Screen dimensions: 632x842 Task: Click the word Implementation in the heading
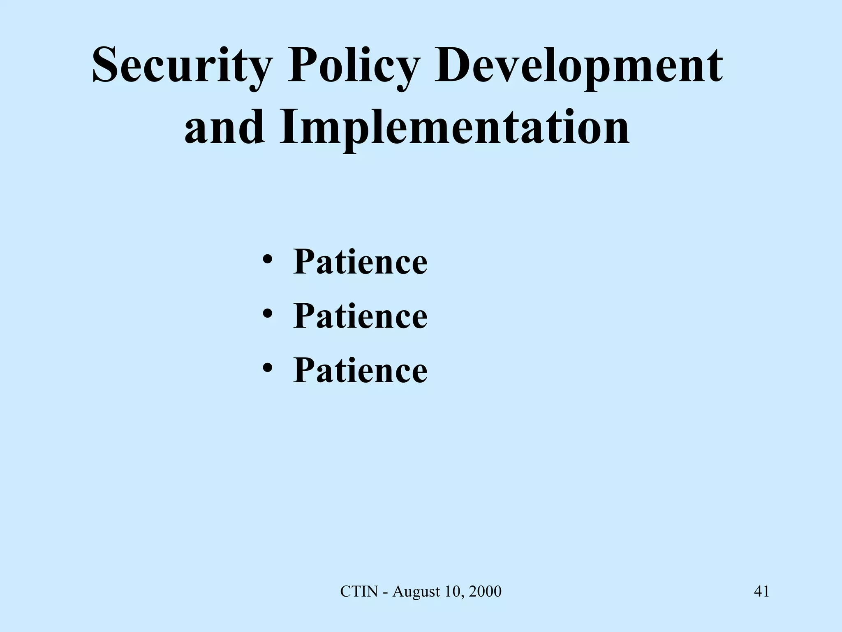[x=454, y=128]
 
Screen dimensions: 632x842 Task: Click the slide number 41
[x=761, y=592]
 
